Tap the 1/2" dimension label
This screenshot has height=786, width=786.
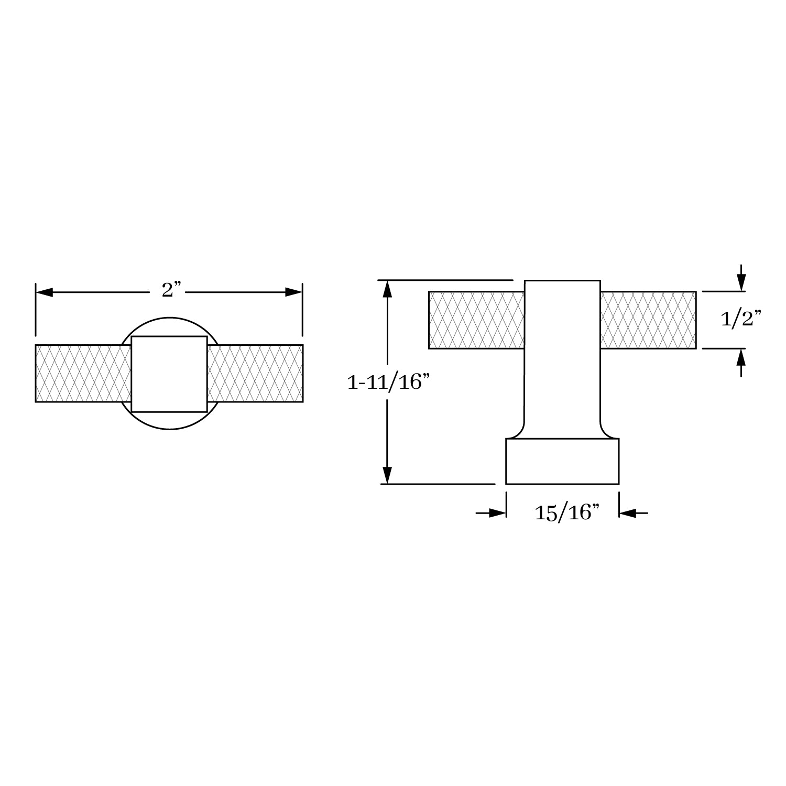coord(740,319)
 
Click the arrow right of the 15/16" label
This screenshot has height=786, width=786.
coord(628,513)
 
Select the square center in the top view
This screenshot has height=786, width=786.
coord(169,374)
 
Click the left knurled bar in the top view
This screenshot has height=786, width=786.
coord(83,373)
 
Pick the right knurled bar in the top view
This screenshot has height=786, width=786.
coord(255,373)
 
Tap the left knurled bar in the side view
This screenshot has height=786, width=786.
coord(476,320)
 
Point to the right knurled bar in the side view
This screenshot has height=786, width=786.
coord(648,320)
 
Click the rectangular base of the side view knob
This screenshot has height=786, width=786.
coord(562,461)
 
